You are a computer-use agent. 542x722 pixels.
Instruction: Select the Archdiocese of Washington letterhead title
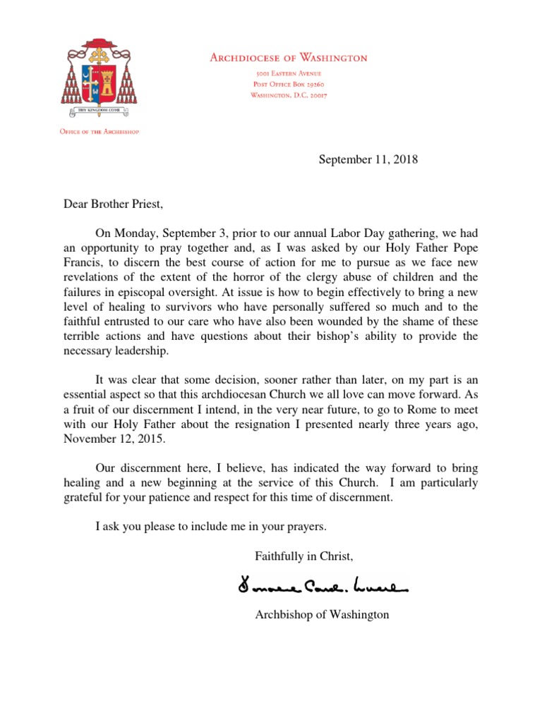(x=289, y=58)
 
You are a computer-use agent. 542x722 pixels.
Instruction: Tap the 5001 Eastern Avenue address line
(x=289, y=73)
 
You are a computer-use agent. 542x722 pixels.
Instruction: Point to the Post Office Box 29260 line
(x=289, y=85)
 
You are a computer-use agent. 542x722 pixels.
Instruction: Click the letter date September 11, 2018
(x=368, y=159)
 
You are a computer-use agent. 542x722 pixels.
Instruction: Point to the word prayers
(x=308, y=526)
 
